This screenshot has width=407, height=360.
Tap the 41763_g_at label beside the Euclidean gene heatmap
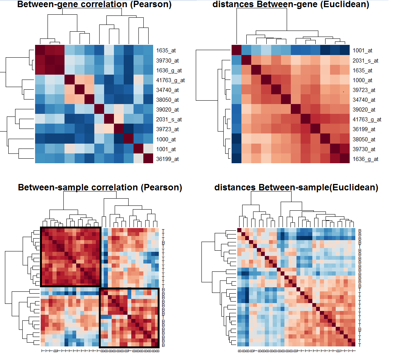[367, 119]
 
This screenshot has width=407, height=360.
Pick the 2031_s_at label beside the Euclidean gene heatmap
[366, 60]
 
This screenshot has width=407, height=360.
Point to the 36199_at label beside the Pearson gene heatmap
[166, 159]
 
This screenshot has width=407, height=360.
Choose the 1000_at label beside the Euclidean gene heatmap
[362, 80]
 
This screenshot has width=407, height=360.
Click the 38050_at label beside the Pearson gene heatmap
[166, 100]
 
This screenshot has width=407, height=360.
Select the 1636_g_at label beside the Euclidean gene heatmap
[366, 159]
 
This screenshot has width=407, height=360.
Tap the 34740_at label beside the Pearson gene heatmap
[166, 90]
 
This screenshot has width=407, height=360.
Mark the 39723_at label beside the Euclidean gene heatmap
[364, 90]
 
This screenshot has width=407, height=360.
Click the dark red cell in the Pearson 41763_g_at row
[70, 80]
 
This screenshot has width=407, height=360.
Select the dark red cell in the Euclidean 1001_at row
[236, 50]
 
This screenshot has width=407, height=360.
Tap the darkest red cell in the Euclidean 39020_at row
[295, 110]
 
